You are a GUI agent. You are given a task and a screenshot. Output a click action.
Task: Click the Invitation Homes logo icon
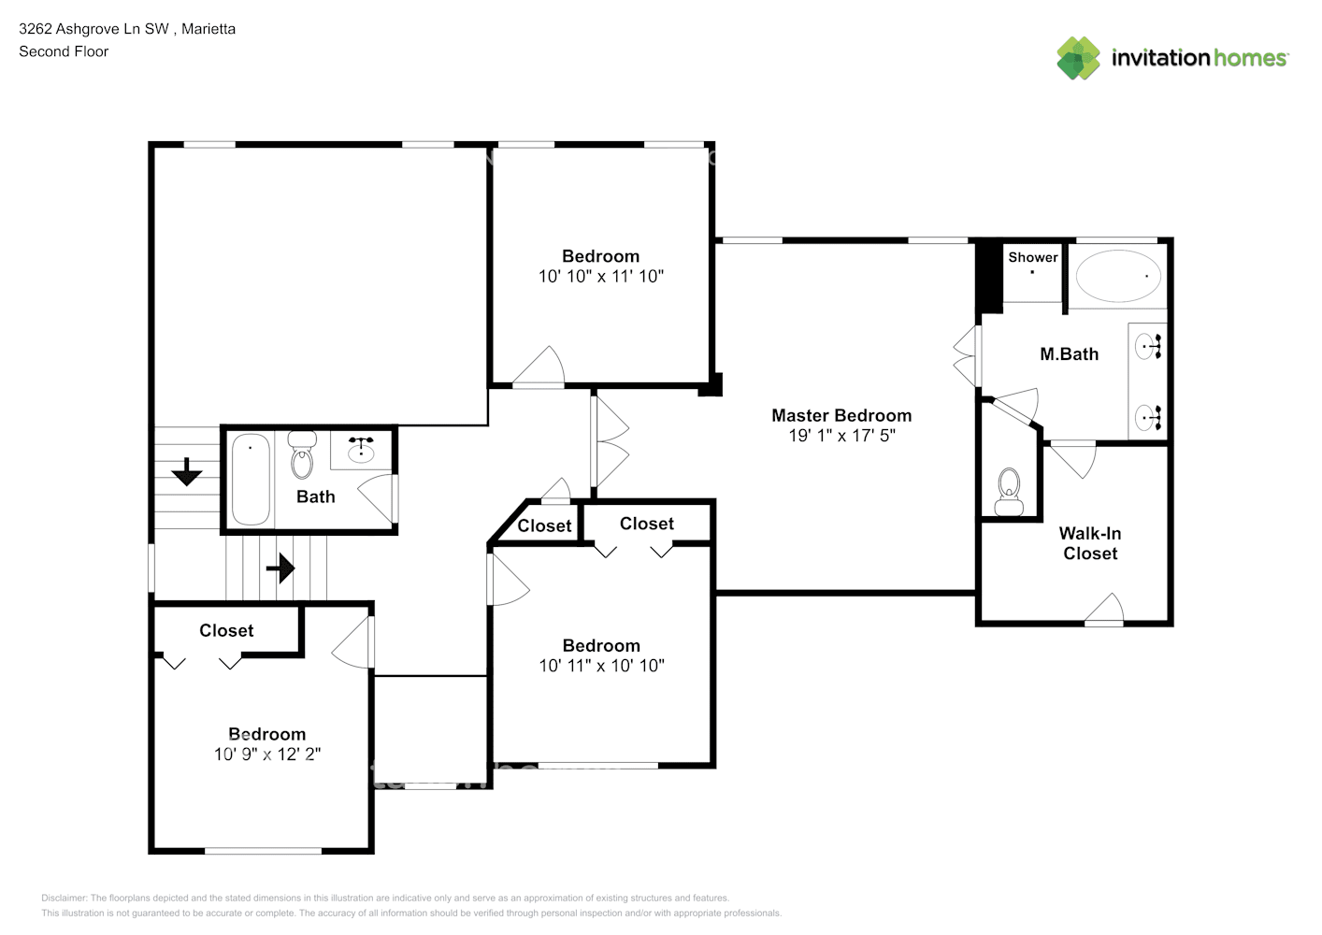1078,58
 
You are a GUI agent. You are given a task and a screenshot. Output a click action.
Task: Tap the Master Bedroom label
841,415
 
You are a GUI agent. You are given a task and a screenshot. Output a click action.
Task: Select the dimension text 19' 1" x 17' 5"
841,436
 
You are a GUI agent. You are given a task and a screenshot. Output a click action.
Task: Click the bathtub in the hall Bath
251,479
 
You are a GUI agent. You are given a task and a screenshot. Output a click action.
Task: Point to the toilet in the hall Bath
302,455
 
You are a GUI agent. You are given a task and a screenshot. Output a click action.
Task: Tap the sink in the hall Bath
361,452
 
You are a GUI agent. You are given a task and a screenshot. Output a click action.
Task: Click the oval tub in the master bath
1118,276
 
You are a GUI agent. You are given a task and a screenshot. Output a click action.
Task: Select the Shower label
1032,257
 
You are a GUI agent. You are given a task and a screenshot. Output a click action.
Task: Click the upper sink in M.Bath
1146,348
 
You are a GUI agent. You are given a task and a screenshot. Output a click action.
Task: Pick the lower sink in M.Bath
1146,416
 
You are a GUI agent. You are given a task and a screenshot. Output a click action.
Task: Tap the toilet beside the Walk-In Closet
1009,492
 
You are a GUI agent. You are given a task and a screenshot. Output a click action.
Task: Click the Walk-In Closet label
1089,543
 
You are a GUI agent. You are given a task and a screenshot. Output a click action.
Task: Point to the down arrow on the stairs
187,472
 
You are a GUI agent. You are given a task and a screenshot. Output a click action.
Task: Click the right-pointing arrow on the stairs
280,568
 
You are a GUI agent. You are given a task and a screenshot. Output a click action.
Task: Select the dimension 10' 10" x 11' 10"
600,277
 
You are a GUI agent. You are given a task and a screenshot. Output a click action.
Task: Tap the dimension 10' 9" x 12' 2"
267,755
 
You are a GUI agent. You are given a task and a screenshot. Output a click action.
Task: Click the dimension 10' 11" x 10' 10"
601,666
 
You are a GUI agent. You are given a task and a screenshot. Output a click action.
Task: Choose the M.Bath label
1069,354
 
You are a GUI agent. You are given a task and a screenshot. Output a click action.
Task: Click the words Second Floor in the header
64,51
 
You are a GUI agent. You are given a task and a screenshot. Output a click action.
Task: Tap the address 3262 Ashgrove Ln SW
93,29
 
